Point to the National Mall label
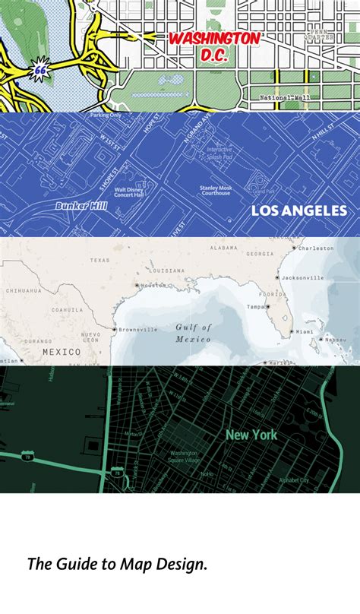pyautogui.click(x=285, y=98)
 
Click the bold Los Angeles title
pyautogui.click(x=299, y=210)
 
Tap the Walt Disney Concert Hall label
pyautogui.click(x=130, y=191)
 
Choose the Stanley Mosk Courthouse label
pyautogui.click(x=215, y=190)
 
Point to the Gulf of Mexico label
pyautogui.click(x=194, y=333)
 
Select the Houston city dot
pyautogui.click(x=137, y=285)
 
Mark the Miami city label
pyautogui.click(x=305, y=331)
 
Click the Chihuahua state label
pyautogui.click(x=24, y=290)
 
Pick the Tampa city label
pyautogui.click(x=254, y=306)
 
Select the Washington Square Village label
pyautogui.click(x=185, y=456)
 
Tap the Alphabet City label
pyautogui.click(x=294, y=480)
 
